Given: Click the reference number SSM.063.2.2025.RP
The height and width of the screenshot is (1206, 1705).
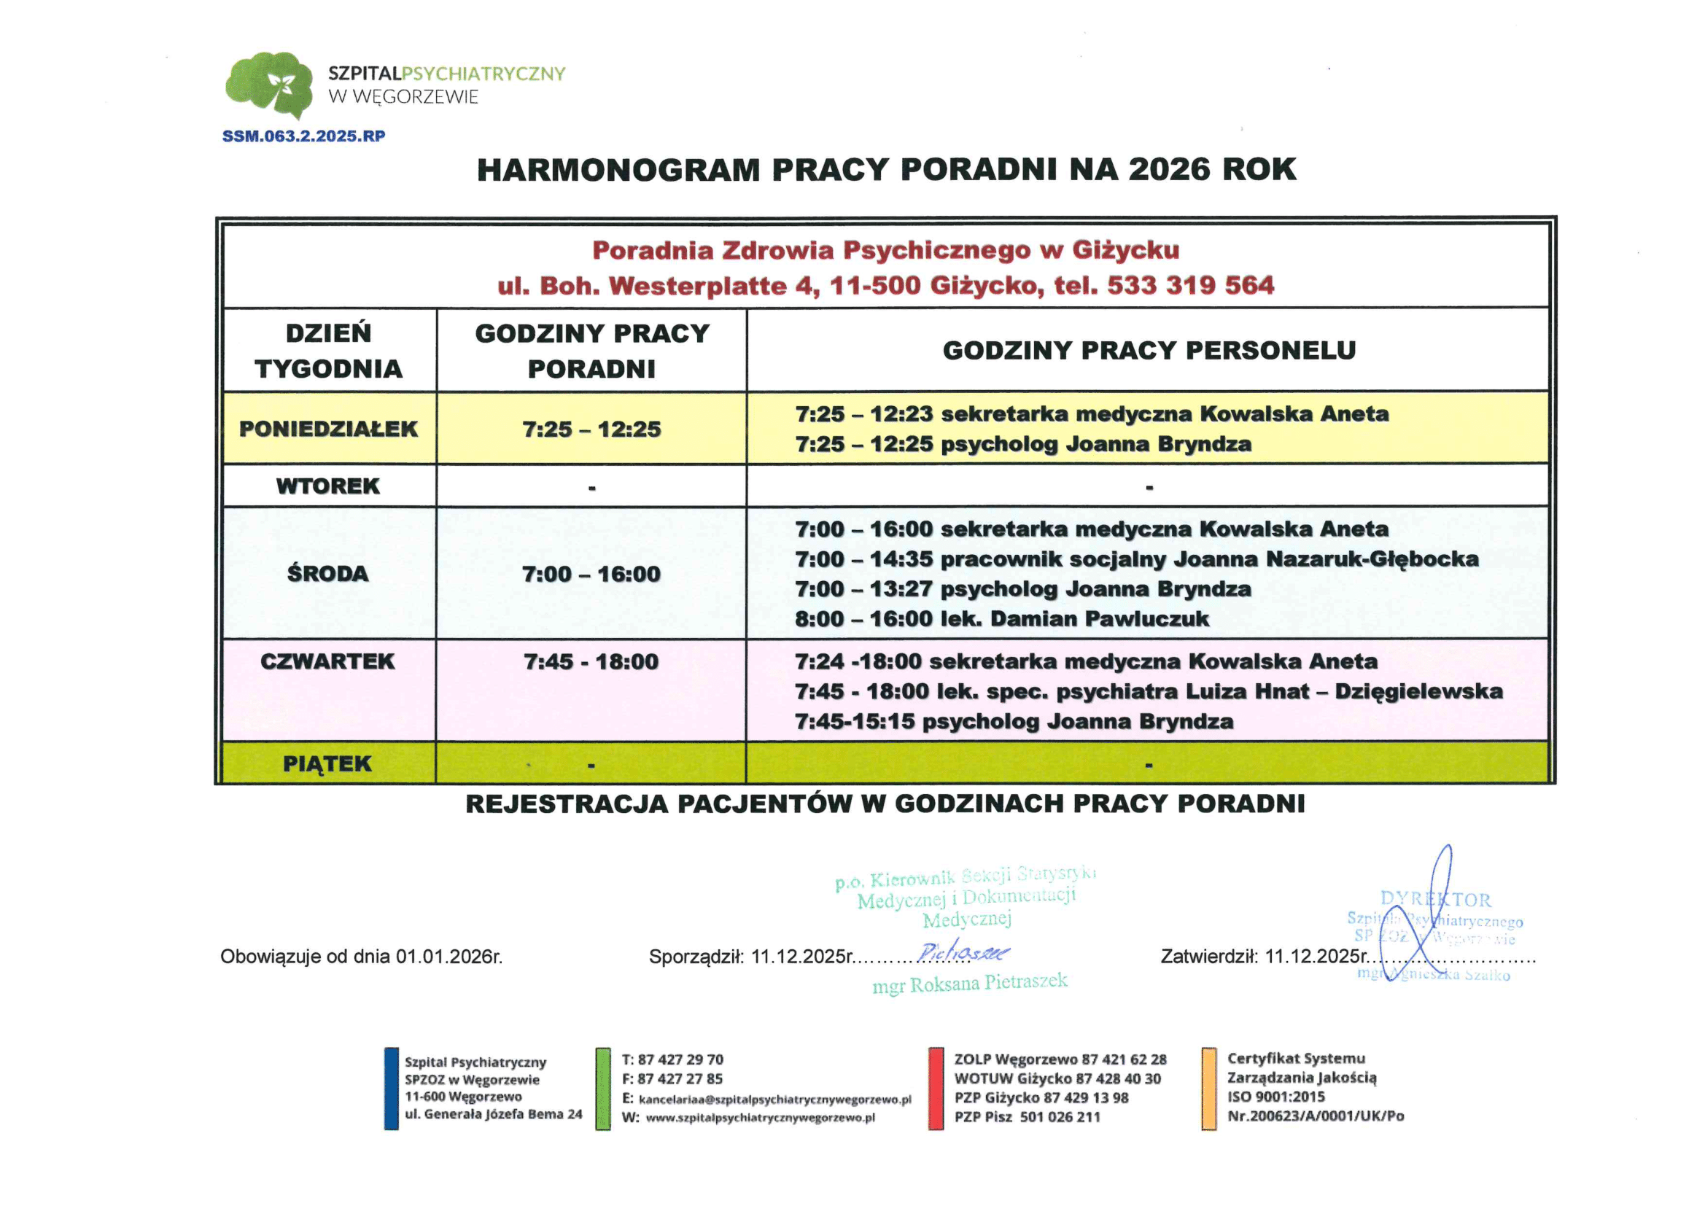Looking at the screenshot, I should [x=303, y=136].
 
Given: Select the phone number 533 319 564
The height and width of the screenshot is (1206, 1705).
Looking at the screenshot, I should [x=1190, y=285].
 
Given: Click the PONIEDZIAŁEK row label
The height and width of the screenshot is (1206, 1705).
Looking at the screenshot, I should [x=328, y=429].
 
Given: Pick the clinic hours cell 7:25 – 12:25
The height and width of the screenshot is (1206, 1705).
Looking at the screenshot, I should [x=591, y=429].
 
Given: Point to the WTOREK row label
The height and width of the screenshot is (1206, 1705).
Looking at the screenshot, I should [x=327, y=486].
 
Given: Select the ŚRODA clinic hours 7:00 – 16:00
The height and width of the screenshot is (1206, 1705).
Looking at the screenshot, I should [x=591, y=573].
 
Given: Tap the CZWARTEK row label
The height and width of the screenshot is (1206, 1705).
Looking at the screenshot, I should [x=327, y=661].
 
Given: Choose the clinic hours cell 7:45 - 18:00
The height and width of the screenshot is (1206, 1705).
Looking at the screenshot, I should [x=591, y=661].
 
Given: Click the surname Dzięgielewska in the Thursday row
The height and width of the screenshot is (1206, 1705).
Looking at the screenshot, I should [x=1418, y=691].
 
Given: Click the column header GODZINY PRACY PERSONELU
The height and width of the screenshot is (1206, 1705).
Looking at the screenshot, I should [x=1149, y=350].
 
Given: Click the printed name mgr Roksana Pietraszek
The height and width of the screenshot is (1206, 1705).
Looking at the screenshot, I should [x=969, y=984].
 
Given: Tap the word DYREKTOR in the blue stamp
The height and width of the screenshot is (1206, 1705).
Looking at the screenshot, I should [x=1434, y=899].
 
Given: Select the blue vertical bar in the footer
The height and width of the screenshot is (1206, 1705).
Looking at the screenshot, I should [x=392, y=1088].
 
